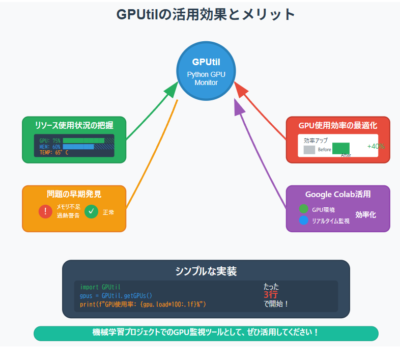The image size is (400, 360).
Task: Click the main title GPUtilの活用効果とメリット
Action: (206, 14)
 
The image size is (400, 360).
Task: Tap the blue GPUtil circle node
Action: (206, 70)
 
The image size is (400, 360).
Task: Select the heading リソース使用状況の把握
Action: (74, 125)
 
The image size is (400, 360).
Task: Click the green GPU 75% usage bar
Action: (83, 141)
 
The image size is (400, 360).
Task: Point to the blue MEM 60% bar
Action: (78, 147)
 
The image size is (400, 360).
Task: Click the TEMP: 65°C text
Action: (53, 152)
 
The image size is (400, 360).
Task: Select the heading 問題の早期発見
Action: (74, 194)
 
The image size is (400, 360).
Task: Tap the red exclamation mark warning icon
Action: (45, 211)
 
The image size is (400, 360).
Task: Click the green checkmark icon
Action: (92, 211)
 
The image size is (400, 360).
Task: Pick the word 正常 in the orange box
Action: (108, 212)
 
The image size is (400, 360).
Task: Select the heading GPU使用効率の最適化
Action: (338, 125)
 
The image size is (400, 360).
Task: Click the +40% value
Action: (376, 146)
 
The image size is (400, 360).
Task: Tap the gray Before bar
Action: (309, 150)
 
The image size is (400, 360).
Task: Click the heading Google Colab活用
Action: (338, 194)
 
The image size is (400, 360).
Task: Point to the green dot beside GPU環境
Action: (304, 209)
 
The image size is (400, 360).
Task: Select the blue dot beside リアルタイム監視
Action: (304, 220)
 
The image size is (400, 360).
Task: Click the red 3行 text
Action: (270, 295)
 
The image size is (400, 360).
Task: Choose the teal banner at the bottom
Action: (206, 333)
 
